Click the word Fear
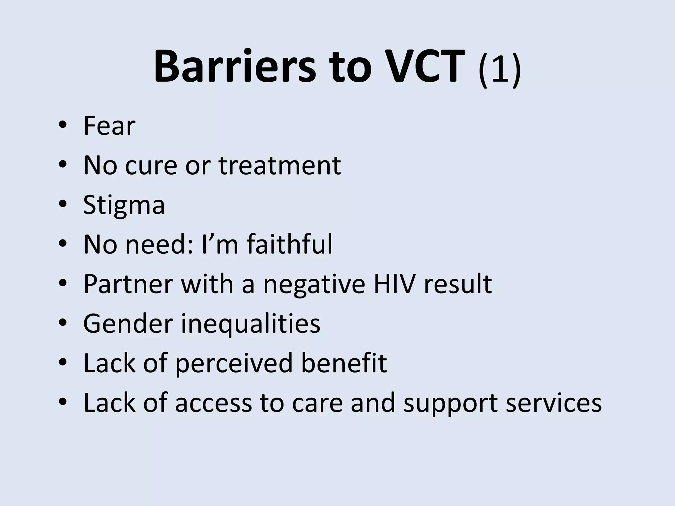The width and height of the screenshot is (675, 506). click(x=109, y=126)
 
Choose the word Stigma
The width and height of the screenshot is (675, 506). click(x=124, y=206)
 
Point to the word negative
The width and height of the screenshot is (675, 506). click(x=314, y=284)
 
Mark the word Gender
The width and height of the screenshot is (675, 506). click(x=128, y=323)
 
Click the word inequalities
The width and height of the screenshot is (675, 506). click(x=250, y=324)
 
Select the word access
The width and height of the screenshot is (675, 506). click(x=213, y=403)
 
